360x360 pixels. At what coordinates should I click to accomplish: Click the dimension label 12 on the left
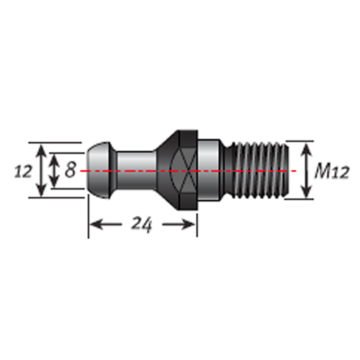click(x=23, y=171)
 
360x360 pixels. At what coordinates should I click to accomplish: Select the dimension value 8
click(x=71, y=169)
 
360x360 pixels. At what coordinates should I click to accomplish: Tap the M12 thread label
click(x=332, y=171)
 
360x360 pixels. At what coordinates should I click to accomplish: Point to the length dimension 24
click(x=142, y=225)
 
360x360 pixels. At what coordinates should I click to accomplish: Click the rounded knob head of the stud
click(x=99, y=170)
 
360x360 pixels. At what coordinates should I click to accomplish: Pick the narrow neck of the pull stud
click(x=136, y=170)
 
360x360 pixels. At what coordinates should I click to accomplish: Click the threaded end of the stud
click(x=257, y=170)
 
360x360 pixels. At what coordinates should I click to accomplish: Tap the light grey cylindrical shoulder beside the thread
click(x=208, y=170)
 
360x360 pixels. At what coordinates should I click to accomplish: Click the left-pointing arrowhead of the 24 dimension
click(x=96, y=225)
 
